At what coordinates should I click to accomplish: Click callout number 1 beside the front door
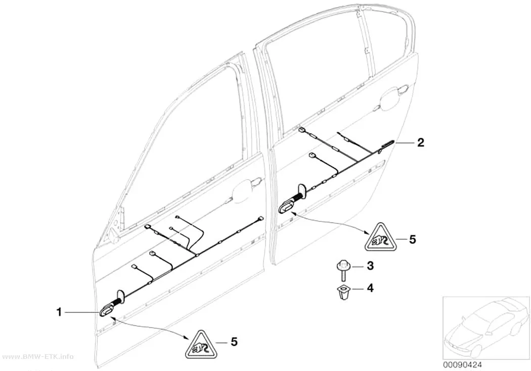pyautogui.click(x=59, y=312)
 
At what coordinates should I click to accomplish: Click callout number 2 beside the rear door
pyautogui.click(x=420, y=142)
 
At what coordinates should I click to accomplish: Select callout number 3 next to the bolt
pyautogui.click(x=370, y=266)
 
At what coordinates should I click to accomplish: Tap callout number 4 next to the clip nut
pyautogui.click(x=370, y=288)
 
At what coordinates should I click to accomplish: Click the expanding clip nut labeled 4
pyautogui.click(x=343, y=293)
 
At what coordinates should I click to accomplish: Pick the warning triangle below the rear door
pyautogui.click(x=380, y=238)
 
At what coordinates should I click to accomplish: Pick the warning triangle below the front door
pyautogui.click(x=201, y=344)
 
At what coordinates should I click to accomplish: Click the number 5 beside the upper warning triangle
pyautogui.click(x=412, y=240)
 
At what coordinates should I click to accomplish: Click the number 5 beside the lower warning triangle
pyautogui.click(x=234, y=342)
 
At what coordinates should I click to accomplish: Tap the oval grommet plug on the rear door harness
pyautogui.click(x=287, y=206)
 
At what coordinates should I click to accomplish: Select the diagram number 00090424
pyautogui.click(x=462, y=365)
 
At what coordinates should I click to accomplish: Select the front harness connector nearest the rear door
pyautogui.click(x=260, y=219)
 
